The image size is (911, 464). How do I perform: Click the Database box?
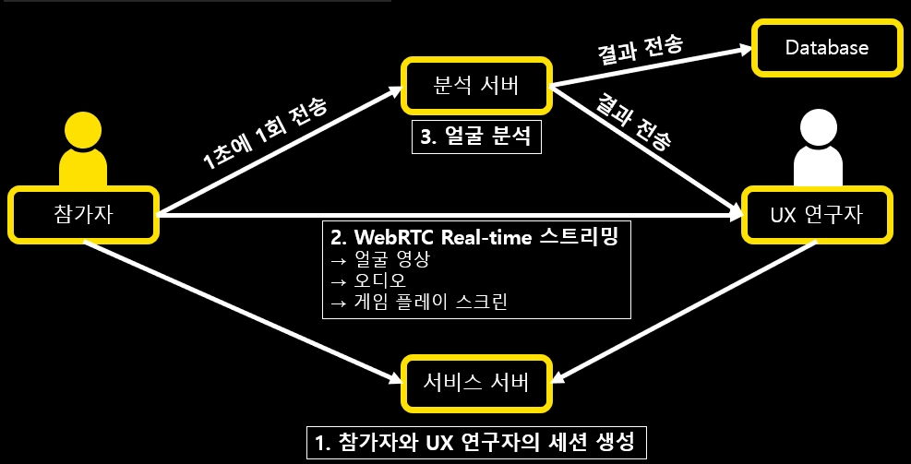coord(826,47)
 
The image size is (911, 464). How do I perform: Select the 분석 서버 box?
coord(476,89)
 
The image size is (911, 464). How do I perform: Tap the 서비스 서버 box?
coord(476,380)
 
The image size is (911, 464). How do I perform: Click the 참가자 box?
coord(83,217)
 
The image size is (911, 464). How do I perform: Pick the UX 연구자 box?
coord(817,217)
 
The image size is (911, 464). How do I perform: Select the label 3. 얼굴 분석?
coord(477,139)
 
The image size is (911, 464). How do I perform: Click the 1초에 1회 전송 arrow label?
coord(265,133)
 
